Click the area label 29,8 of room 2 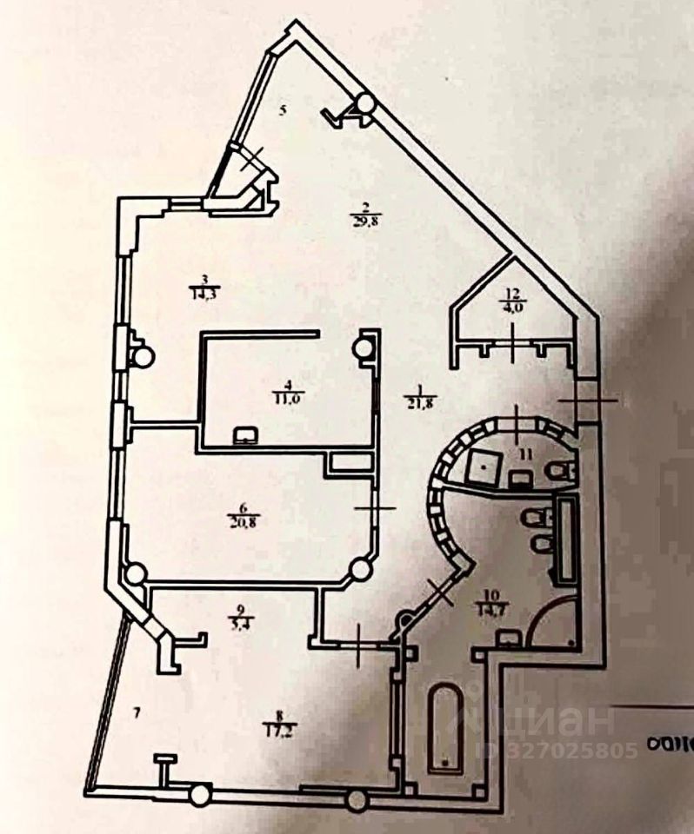pyautogui.click(x=367, y=222)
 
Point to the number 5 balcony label pyautogui.click(x=282, y=110)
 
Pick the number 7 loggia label pyautogui.click(x=137, y=714)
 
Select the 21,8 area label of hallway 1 pyautogui.click(x=416, y=401)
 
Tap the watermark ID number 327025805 pyautogui.click(x=564, y=750)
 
